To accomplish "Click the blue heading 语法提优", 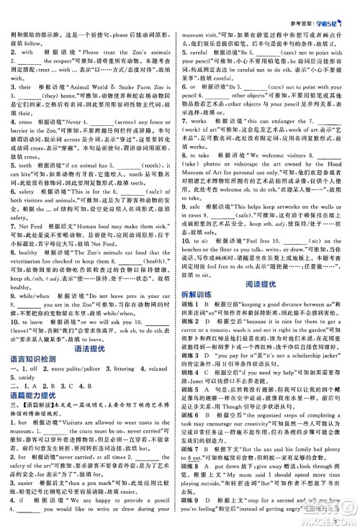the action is (x=89, y=348).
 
